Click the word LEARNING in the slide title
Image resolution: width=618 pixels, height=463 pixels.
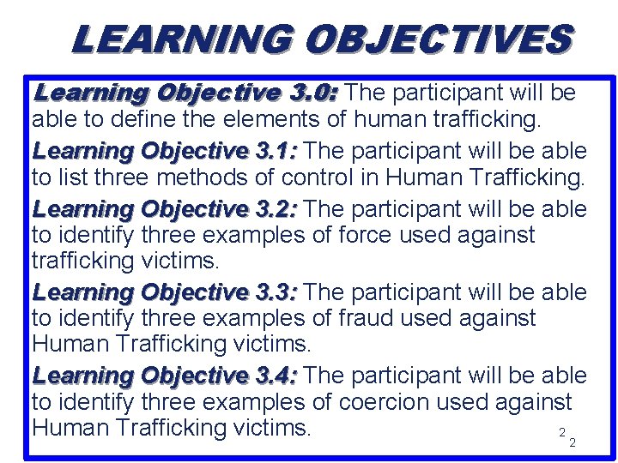tap(181, 40)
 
